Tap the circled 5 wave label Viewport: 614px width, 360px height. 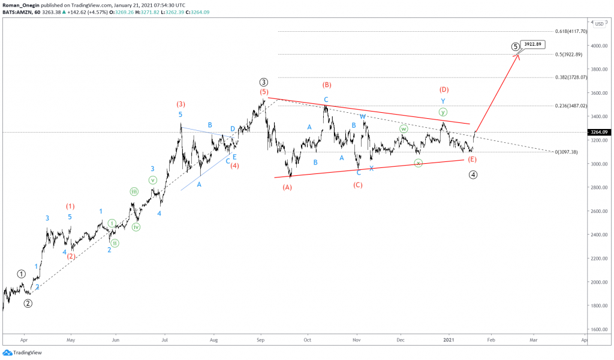click(515, 47)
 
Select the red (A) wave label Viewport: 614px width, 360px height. click(287, 187)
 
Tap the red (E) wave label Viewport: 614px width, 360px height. click(472, 159)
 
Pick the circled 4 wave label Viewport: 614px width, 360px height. click(472, 175)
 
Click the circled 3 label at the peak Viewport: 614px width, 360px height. click(263, 82)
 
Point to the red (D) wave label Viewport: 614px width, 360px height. click(444, 89)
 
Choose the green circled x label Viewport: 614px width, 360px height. click(418, 163)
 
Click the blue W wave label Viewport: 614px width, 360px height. click(363, 116)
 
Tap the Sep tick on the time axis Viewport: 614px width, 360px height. click(260, 339)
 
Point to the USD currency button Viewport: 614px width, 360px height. click(599, 24)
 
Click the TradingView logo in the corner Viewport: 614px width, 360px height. click(24, 352)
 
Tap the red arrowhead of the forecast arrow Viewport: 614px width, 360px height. click(517, 56)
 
